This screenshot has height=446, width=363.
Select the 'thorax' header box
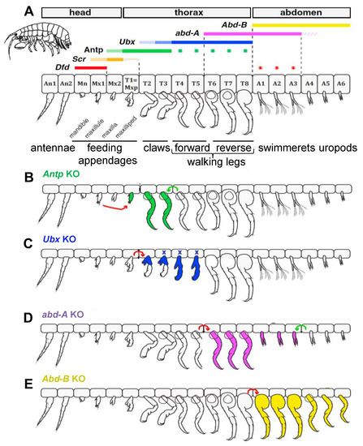[187, 12]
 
